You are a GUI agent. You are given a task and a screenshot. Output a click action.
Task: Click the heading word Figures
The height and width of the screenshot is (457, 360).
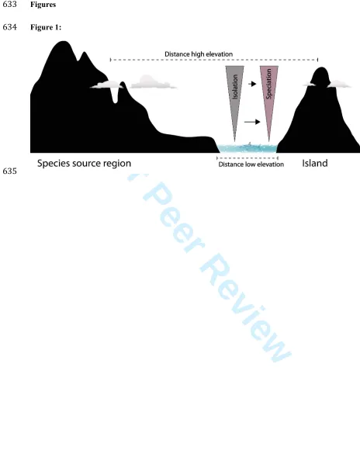click(x=43, y=5)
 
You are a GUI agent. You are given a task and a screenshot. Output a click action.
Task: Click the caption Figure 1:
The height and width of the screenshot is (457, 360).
click(x=46, y=27)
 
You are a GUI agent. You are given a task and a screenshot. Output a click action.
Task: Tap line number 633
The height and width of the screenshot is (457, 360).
click(x=9, y=5)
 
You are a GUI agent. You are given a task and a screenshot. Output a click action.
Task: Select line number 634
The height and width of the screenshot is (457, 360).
click(x=9, y=27)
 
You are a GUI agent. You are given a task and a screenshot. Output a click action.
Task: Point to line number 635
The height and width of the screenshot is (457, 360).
click(x=9, y=171)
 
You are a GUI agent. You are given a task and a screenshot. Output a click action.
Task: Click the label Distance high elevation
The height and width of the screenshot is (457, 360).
click(x=199, y=54)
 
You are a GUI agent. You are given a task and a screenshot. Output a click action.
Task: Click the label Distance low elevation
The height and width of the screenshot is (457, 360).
click(x=251, y=164)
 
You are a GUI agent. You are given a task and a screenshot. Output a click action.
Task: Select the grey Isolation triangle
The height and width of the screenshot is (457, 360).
click(x=234, y=93)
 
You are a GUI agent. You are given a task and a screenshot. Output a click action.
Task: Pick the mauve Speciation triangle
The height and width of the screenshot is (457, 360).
click(x=269, y=93)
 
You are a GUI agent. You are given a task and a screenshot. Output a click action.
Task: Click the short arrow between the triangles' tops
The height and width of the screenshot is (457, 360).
click(x=252, y=84)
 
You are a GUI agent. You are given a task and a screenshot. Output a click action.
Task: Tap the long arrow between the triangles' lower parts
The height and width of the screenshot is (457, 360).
click(x=252, y=122)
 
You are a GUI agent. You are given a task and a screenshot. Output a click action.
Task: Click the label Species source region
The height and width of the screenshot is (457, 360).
click(x=84, y=163)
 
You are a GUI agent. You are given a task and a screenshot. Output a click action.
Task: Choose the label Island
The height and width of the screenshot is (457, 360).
click(x=315, y=163)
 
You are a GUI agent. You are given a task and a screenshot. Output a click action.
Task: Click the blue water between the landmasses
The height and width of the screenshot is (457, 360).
click(x=247, y=148)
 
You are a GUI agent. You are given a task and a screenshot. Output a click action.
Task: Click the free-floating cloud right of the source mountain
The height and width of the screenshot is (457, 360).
click(x=152, y=82)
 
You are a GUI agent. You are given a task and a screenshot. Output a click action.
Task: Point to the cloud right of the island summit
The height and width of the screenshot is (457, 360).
click(x=339, y=84)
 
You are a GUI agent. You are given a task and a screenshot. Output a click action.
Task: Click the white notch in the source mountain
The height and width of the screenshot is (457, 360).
click(x=116, y=95)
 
